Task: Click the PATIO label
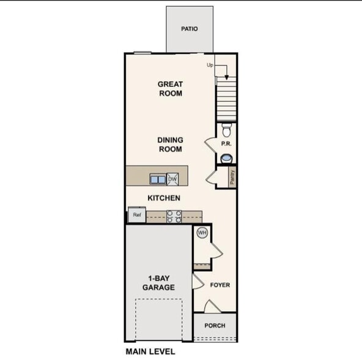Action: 190,29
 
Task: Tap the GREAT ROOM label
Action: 171,89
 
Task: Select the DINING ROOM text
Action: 171,144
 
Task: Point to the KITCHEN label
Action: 164,198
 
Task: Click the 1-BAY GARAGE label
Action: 159,282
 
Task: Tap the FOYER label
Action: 220,285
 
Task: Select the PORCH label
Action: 215,325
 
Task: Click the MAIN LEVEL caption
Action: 150,351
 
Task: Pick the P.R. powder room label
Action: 227,141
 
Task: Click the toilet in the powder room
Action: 227,129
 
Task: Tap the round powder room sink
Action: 227,158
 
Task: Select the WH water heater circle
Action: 202,233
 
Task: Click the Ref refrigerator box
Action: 136,215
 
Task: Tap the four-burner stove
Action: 174,216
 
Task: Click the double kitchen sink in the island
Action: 158,179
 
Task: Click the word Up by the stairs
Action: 210,64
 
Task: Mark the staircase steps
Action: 226,102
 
